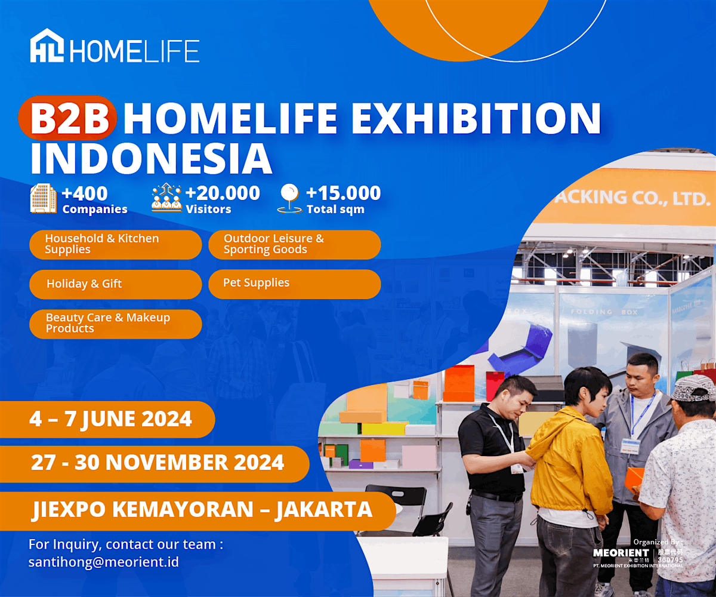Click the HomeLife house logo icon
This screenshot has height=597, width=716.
click(48, 47)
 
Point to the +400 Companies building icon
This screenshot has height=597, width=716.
click(44, 198)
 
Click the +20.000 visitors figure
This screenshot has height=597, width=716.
click(223, 193)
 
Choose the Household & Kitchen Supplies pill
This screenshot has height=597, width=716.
click(115, 244)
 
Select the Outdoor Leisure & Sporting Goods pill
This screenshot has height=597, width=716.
click(294, 244)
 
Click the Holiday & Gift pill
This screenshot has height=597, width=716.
click(115, 284)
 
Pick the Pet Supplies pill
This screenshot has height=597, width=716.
click(294, 284)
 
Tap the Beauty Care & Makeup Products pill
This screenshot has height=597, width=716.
click(115, 324)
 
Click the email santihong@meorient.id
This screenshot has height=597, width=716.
click(104, 562)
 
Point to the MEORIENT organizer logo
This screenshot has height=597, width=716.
click(621, 553)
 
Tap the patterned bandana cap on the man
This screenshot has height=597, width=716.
click(693, 388)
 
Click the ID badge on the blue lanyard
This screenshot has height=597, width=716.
click(630, 445)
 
